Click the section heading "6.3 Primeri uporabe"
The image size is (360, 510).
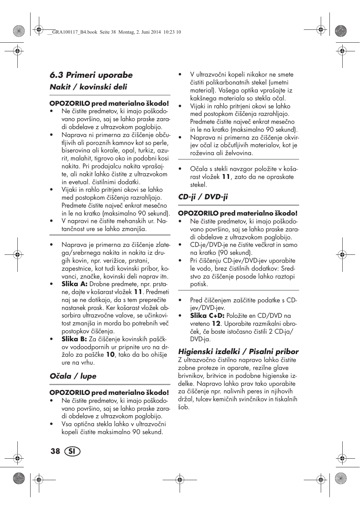click(x=91, y=75)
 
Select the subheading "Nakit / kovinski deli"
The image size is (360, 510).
click(x=88, y=87)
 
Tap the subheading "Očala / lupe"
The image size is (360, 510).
click(x=73, y=376)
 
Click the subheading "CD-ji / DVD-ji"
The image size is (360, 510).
click(x=203, y=197)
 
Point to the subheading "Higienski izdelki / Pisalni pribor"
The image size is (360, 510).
click(x=238, y=351)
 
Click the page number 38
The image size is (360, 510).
click(x=55, y=451)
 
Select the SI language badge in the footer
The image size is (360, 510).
click(x=72, y=451)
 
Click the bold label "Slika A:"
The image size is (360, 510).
click(x=74, y=284)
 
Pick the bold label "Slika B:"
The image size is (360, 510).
click(x=74, y=339)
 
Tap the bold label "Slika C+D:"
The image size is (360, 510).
click(x=207, y=316)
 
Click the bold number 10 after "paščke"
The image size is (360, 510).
click(x=110, y=355)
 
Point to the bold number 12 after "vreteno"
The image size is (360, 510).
click(x=216, y=324)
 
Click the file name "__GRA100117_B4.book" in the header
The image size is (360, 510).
click(x=72, y=32)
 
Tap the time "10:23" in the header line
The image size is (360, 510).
click(x=169, y=32)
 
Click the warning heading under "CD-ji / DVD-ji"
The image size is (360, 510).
click(x=238, y=213)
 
